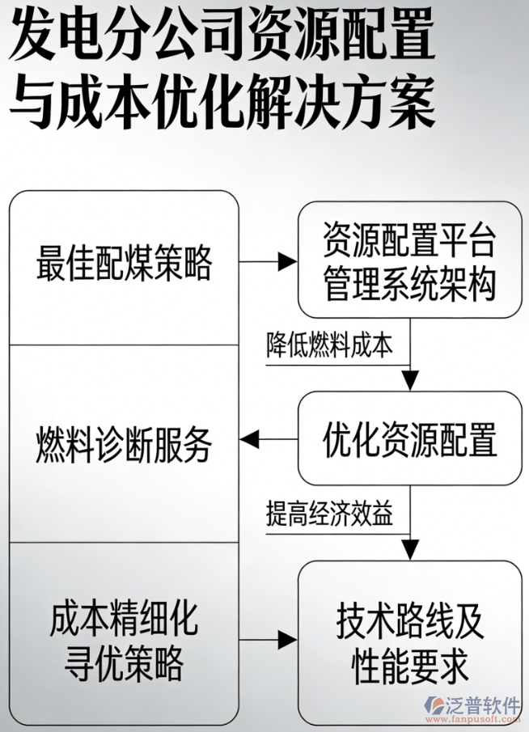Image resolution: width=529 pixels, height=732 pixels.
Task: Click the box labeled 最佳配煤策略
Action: click(124, 265)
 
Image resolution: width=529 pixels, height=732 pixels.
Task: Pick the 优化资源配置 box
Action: click(409, 438)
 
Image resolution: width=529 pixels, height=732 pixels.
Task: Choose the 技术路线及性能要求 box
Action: click(409, 644)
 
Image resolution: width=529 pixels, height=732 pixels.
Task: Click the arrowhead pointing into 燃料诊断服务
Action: click(247, 439)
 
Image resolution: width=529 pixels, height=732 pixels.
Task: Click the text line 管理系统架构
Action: click(409, 286)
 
